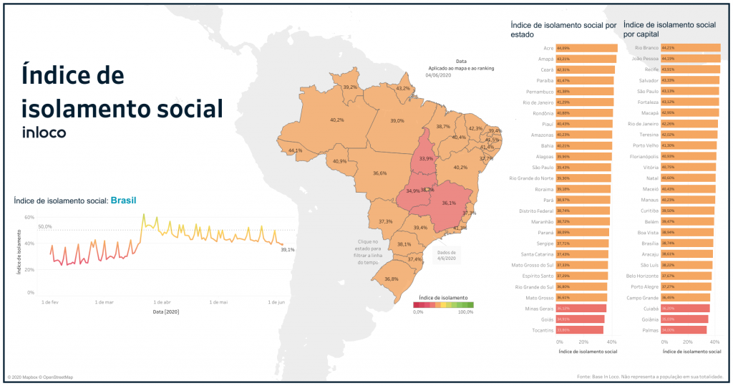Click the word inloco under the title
pos(44,132)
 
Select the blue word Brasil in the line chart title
pos(123,201)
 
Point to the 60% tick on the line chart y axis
pos(29,217)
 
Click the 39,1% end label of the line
pos(288,250)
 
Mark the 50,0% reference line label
pos(45,226)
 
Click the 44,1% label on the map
pos(295,151)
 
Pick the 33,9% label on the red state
pos(426,158)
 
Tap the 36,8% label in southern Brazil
pos(392,279)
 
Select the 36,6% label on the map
pos(380,173)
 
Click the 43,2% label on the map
pos(403,89)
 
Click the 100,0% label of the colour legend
pos(465,312)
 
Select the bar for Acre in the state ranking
pos(586,48)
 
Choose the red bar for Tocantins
pos(579,329)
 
